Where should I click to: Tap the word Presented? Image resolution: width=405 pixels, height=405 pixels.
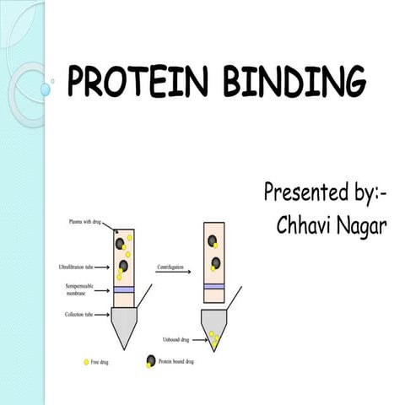pos(304,192)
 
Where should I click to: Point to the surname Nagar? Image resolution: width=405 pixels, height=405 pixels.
pos(359,226)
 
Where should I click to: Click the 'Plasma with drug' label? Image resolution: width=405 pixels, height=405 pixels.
pos(86,221)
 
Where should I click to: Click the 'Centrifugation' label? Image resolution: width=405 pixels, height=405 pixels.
pos(171,267)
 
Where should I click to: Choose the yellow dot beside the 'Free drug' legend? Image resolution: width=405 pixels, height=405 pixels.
pos(86,362)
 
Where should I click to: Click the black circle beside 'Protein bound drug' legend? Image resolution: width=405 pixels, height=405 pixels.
pos(151,361)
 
